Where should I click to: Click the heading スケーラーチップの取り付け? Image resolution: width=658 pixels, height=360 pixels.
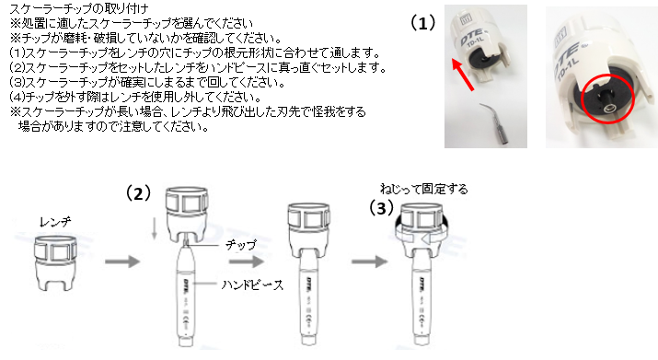pyautogui.click(x=79, y=8)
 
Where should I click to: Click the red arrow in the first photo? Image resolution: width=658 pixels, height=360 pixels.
pyautogui.click(x=463, y=75)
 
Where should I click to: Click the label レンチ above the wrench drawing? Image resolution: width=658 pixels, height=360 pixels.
pyautogui.click(x=55, y=222)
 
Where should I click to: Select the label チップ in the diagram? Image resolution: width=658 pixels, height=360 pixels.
pyautogui.click(x=240, y=245)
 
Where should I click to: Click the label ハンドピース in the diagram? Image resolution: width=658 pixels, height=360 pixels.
pyautogui.click(x=252, y=285)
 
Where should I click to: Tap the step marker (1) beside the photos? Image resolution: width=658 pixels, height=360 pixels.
pyautogui.click(x=422, y=23)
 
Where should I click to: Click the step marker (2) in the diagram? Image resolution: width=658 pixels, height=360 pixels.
pyautogui.click(x=138, y=193)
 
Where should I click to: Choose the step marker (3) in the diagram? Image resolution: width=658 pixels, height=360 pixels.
pyautogui.click(x=381, y=207)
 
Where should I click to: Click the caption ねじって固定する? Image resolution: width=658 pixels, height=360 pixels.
pyautogui.click(x=424, y=189)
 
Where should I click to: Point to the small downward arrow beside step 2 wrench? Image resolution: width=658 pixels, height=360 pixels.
pyautogui.click(x=155, y=230)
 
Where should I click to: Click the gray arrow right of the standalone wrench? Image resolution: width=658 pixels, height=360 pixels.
pyautogui.click(x=122, y=261)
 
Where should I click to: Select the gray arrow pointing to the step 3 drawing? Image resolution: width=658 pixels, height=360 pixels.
pyautogui.click(x=369, y=261)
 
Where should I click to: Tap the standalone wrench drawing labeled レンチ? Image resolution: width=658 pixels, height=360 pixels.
pyautogui.click(x=55, y=263)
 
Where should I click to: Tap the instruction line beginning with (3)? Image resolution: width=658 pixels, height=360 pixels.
pyautogui.click(x=147, y=82)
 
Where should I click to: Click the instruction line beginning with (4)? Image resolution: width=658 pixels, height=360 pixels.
pyautogui.click(x=135, y=97)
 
